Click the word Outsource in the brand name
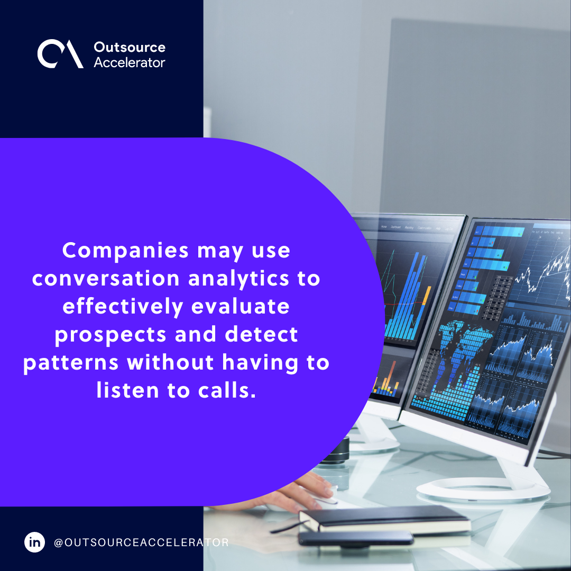(x=130, y=47)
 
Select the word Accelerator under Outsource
(x=130, y=62)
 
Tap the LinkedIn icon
(x=35, y=542)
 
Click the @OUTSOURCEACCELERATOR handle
(x=141, y=542)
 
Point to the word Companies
(x=125, y=251)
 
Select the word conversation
(x=106, y=278)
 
